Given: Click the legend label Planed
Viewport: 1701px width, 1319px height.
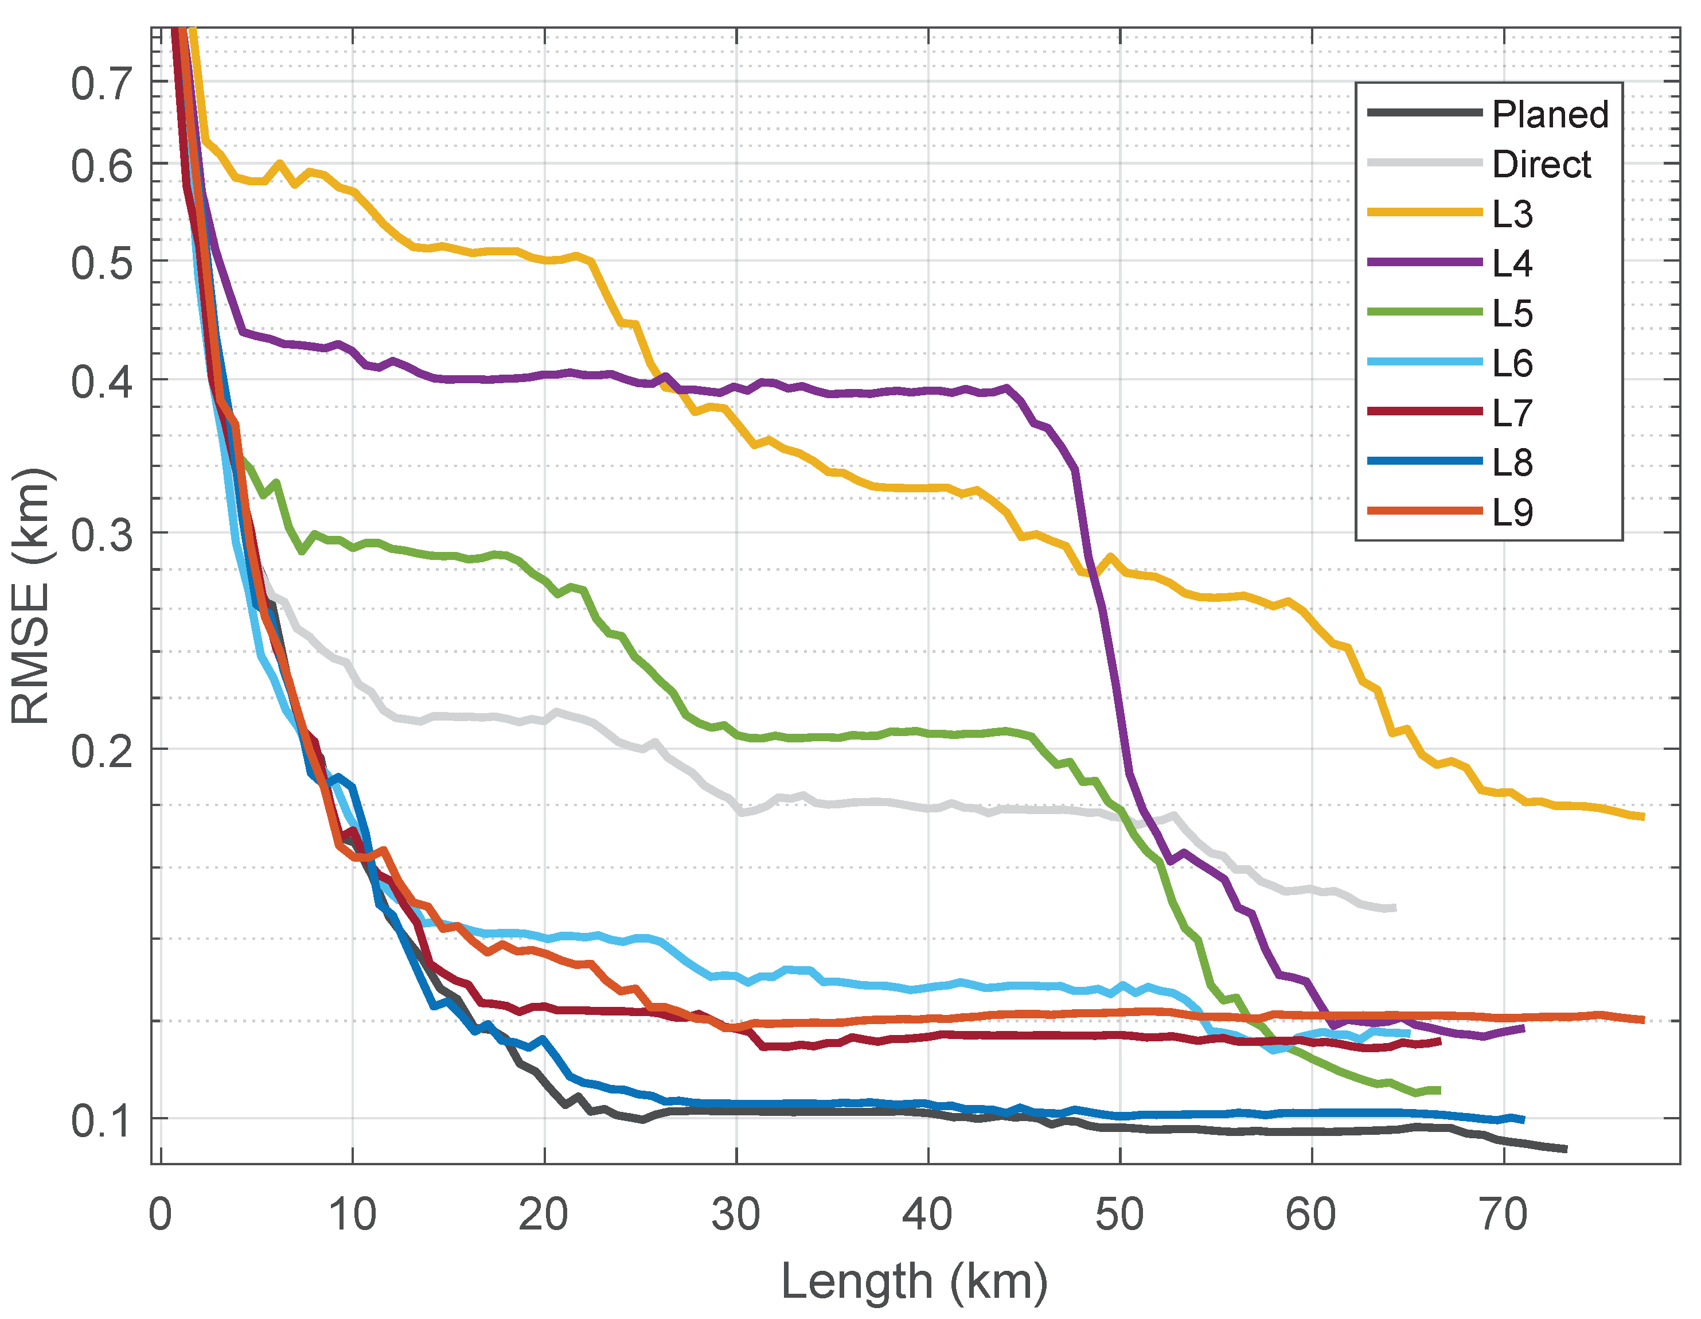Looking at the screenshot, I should click(x=1550, y=115).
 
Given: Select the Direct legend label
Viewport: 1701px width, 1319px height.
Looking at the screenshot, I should click(x=1542, y=165).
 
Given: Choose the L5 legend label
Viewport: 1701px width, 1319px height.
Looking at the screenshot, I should click(x=1512, y=314).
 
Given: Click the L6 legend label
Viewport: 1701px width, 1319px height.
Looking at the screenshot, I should click(x=1512, y=364).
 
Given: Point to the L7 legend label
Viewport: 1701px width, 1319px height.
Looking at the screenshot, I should click(x=1512, y=413).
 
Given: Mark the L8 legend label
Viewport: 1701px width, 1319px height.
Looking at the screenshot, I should click(x=1512, y=463).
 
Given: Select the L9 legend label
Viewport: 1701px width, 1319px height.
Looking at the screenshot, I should click(x=1512, y=513).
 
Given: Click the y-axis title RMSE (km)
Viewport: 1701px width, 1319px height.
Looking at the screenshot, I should click(x=31, y=596).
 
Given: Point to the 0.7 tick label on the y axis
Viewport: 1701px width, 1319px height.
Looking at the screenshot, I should click(x=102, y=83).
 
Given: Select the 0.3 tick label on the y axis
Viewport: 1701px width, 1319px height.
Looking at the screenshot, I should click(x=102, y=535).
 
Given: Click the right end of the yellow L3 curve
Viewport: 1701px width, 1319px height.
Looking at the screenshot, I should click(x=1643, y=816).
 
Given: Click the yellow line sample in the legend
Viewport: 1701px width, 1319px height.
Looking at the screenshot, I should click(x=1425, y=212).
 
